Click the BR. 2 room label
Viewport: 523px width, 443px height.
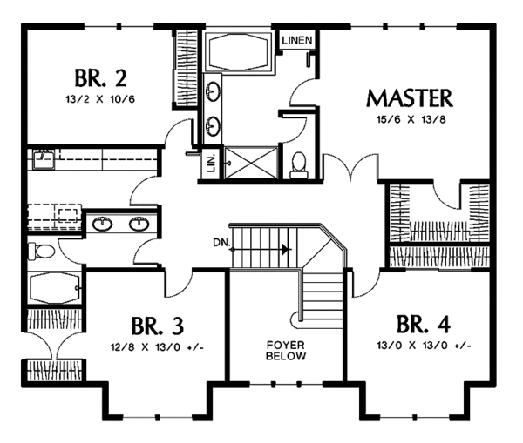click(x=100, y=77)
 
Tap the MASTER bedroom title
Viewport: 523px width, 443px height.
click(x=410, y=98)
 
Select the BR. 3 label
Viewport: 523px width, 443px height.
click(x=158, y=326)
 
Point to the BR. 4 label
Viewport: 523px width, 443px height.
click(x=424, y=324)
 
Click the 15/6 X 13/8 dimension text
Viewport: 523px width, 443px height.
click(x=411, y=119)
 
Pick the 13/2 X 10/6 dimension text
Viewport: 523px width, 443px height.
click(x=100, y=99)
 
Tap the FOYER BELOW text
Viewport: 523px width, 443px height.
click(x=286, y=351)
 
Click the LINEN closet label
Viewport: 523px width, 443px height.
click(x=297, y=40)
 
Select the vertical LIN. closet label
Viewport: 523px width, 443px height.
click(x=211, y=164)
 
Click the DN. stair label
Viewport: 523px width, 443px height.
click(x=221, y=243)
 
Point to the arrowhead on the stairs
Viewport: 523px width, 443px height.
click(x=284, y=249)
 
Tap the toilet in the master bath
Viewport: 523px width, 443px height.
click(x=298, y=164)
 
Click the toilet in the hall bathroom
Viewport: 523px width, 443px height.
click(x=41, y=251)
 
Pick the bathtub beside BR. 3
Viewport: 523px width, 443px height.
click(x=55, y=288)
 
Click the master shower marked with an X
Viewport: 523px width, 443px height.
click(x=250, y=164)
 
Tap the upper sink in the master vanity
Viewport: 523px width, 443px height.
click(x=213, y=91)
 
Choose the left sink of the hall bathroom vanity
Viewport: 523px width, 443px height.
click(x=103, y=224)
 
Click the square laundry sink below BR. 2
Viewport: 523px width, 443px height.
click(x=44, y=159)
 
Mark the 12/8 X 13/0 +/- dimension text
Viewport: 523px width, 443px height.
click(x=157, y=347)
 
